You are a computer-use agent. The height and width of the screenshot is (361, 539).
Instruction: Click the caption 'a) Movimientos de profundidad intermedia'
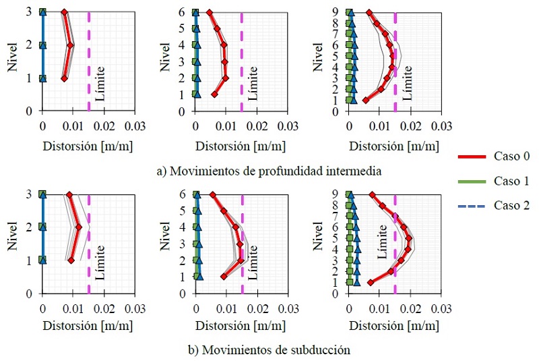click(269, 171)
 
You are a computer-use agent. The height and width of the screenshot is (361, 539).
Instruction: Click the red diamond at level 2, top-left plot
click(71, 45)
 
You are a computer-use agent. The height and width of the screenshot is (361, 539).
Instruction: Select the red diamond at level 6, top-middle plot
click(209, 12)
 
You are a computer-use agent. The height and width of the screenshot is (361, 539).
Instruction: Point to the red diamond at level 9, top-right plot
click(369, 12)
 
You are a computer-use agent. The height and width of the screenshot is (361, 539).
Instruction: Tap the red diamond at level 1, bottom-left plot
click(71, 260)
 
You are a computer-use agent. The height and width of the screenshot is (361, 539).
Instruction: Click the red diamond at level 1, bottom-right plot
click(370, 282)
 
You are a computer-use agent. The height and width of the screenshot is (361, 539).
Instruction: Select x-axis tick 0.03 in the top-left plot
click(135, 125)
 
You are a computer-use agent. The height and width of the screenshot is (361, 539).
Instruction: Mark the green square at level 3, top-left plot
click(42, 12)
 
